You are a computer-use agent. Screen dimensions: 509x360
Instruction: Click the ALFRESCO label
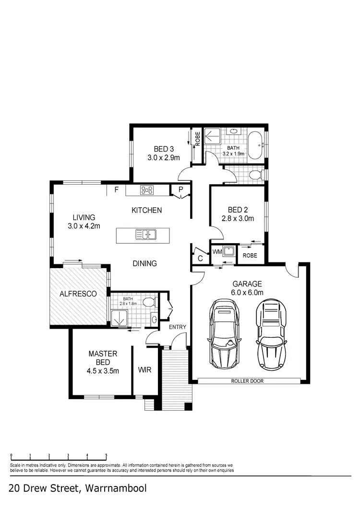click(78, 293)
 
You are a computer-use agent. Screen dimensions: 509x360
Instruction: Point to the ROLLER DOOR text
click(247, 381)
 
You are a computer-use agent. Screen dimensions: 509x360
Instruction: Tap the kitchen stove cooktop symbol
click(147, 190)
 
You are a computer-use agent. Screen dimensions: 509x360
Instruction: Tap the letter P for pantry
click(180, 190)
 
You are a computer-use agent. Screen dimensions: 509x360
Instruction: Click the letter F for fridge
click(116, 190)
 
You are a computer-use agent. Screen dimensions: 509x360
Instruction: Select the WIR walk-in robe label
click(144, 370)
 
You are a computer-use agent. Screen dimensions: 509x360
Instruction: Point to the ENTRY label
click(177, 327)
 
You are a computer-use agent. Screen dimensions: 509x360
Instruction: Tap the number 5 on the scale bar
click(106, 455)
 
